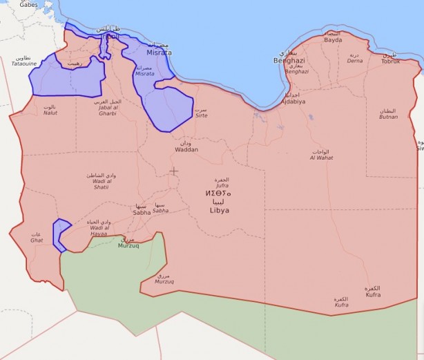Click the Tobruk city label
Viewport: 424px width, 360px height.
point(390,61)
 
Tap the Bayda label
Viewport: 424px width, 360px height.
point(333,40)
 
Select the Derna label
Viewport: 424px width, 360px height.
point(354,61)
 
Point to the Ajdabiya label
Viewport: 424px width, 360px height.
point(294,101)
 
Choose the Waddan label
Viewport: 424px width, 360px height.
point(186,149)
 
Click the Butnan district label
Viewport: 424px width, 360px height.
point(388,117)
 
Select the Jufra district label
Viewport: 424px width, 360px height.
point(221,184)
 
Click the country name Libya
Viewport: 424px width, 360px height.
point(219,209)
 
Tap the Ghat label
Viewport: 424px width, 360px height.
point(36,240)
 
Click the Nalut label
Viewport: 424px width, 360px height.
point(50,112)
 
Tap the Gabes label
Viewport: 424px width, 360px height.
point(28,5)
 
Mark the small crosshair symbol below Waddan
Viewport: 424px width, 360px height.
point(173,171)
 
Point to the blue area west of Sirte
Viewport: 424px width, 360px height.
point(169,108)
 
